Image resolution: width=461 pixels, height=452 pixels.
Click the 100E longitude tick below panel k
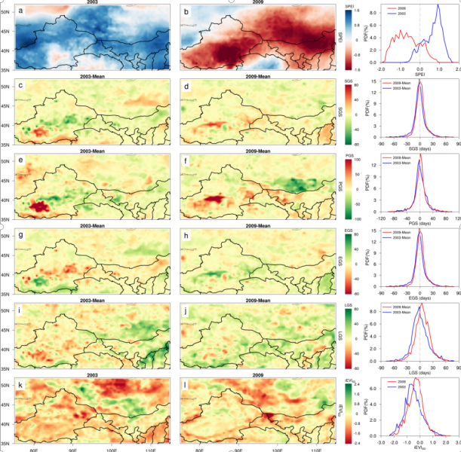tap(112, 450)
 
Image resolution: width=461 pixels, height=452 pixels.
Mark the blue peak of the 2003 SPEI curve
tap(438, 7)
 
